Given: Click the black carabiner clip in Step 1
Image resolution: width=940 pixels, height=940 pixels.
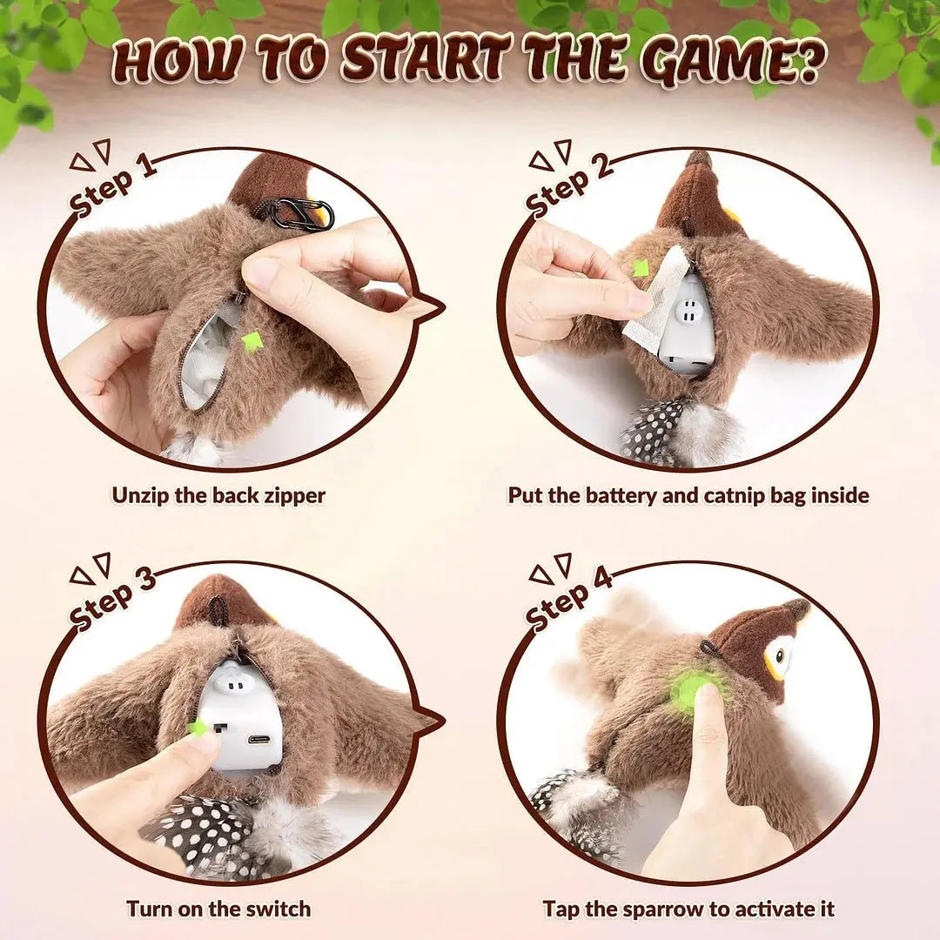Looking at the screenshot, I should [300, 214].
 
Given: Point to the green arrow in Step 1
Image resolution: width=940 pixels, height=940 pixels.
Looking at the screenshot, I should [252, 340].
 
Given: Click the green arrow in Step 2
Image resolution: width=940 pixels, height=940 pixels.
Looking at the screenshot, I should [641, 268].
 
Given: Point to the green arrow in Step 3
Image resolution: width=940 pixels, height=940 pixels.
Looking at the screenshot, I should [198, 727].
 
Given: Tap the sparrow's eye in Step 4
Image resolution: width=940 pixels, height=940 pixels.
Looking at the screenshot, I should [781, 655].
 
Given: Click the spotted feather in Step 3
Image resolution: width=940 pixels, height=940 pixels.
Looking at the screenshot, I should [196, 831].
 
